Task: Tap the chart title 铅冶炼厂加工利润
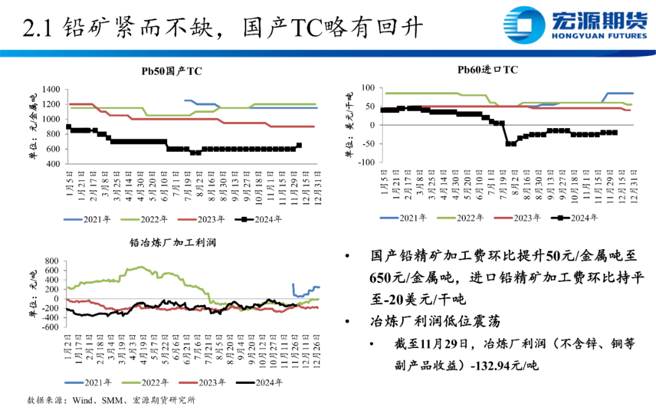click(173, 242)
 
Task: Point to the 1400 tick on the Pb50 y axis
click(51, 89)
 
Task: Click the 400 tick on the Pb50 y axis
click(53, 164)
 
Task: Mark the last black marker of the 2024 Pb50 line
click(299, 145)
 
